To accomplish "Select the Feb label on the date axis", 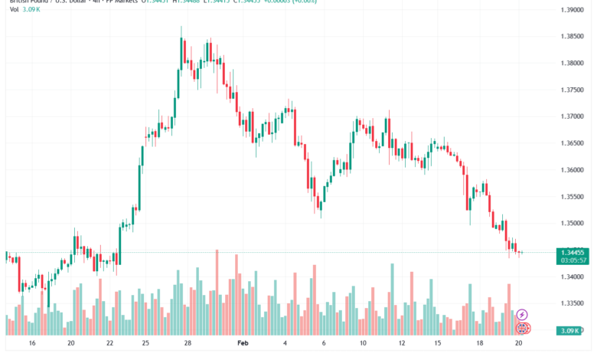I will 243,345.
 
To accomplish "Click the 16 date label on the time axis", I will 31,345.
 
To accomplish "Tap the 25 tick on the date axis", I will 146,345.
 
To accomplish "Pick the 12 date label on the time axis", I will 402,345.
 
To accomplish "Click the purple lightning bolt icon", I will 522,314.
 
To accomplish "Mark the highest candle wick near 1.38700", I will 181,28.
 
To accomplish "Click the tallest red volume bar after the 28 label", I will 217,291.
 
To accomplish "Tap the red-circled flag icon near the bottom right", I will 522,328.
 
